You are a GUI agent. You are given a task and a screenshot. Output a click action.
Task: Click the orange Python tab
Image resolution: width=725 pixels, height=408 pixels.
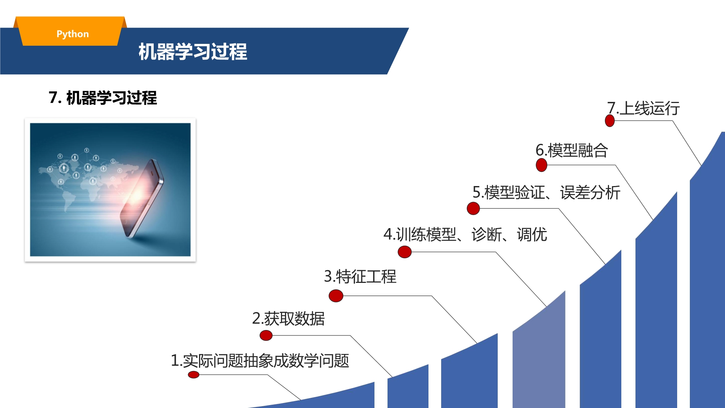coord(72,32)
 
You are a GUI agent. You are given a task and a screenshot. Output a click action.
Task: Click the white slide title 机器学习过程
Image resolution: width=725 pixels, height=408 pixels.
coord(193,51)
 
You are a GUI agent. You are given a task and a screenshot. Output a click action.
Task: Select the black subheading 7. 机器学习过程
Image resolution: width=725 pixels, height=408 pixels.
coord(103,98)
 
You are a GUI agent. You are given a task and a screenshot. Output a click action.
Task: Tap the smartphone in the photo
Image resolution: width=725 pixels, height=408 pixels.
coord(142,198)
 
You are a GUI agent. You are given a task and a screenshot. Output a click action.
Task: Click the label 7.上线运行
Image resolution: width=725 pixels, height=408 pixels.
coord(643,108)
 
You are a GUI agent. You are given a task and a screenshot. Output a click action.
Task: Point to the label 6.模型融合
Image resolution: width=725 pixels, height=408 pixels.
coord(572,150)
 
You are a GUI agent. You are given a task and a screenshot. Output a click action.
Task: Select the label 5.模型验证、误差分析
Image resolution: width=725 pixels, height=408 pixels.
coord(546,192)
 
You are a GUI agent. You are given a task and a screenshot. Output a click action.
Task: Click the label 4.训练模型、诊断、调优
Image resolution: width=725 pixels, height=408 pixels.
coord(465,234)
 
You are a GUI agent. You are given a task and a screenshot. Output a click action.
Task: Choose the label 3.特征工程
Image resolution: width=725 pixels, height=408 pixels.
coord(360,276)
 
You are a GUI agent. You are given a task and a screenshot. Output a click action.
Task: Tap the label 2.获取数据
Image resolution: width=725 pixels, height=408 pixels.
coord(288,318)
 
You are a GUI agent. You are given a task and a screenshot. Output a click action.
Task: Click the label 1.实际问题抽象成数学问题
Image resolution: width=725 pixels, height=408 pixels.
coord(260,360)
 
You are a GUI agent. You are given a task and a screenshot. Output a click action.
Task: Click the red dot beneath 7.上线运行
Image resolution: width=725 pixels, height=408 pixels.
coord(610,120)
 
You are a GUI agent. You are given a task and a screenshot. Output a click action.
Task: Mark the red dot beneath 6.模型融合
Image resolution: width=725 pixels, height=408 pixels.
coord(541,165)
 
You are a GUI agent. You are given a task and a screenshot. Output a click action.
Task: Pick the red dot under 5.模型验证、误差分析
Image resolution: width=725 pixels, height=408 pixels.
coord(473,209)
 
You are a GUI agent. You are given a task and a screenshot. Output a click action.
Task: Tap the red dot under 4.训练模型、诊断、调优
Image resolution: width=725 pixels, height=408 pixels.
coord(405,252)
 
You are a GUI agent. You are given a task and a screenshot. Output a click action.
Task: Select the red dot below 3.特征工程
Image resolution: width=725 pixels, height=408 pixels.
coord(336,296)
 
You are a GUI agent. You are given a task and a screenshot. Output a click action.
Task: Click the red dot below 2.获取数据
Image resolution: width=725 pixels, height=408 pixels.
coord(266,335)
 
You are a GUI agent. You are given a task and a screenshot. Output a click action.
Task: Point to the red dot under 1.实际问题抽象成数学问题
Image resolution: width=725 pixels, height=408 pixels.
coord(194,375)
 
